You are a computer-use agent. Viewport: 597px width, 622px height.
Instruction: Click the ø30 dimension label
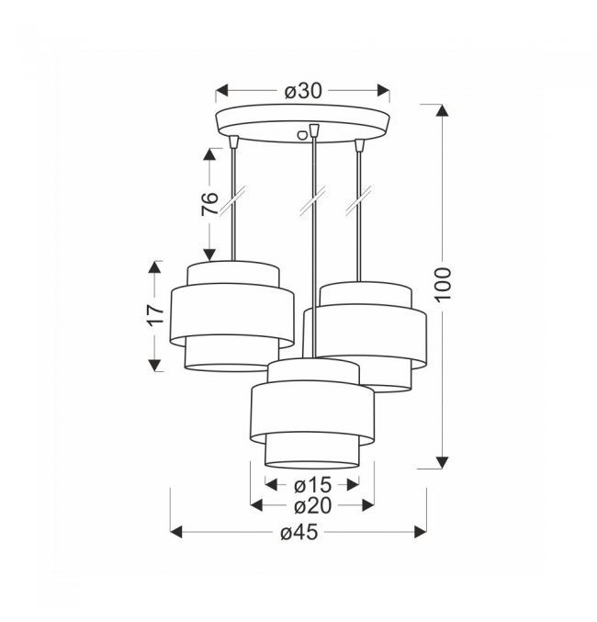coord(303,91)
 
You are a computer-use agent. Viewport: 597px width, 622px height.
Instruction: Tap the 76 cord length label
coord(209,204)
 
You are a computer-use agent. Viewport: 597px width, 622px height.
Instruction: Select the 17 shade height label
coord(155,315)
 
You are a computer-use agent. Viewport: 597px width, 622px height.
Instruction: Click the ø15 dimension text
coord(312,484)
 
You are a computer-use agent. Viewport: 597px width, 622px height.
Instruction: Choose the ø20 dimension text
coord(312,505)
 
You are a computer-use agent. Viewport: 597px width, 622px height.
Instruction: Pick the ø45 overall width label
coord(299,532)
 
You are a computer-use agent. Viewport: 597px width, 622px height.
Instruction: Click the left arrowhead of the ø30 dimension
coord(222,90)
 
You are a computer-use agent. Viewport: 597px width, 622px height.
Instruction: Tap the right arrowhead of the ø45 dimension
coord(420,532)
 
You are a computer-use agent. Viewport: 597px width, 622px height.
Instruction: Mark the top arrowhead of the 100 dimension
coord(442,110)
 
